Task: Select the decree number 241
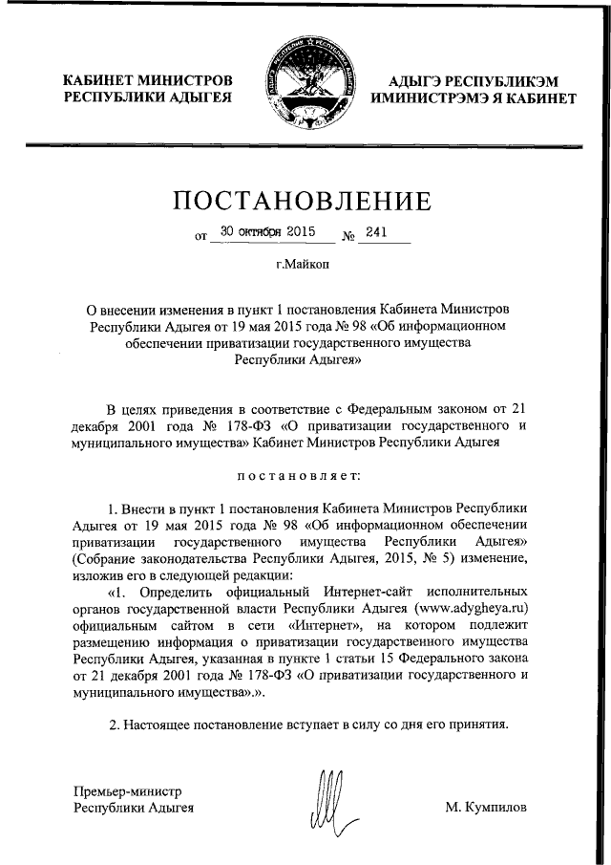click(378, 231)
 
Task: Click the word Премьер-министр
click(127, 790)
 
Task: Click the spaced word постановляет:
click(305, 473)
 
